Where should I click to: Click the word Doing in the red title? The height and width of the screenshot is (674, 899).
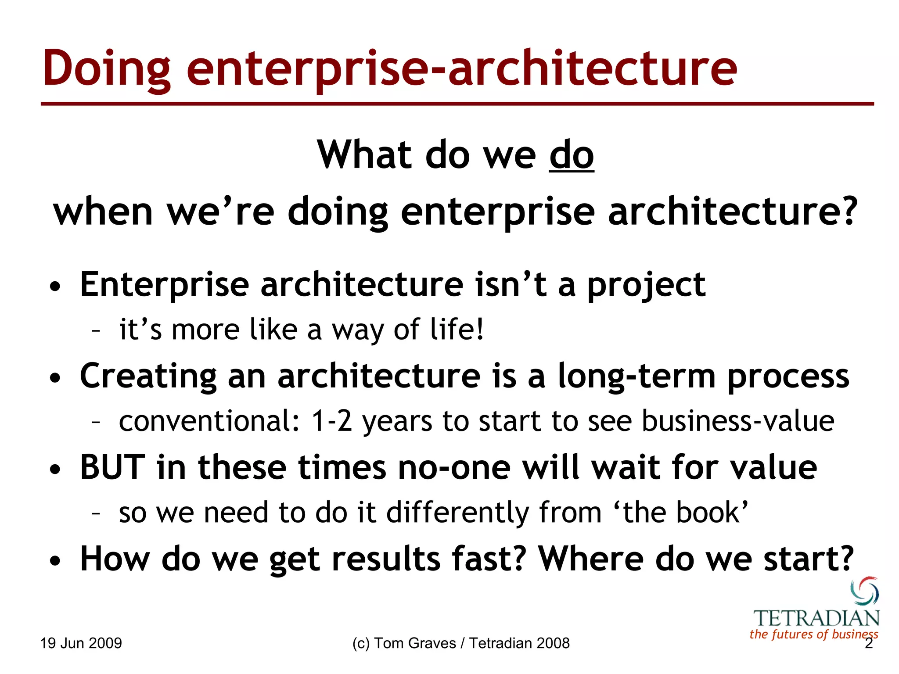(x=107, y=69)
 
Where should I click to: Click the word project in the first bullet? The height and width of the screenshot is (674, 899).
(x=646, y=285)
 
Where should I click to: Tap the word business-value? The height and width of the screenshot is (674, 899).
(x=738, y=421)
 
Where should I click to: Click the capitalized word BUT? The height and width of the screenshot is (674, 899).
(x=113, y=467)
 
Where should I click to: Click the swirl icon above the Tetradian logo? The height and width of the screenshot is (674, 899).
(x=865, y=591)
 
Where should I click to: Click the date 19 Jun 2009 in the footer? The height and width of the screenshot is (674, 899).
(x=81, y=643)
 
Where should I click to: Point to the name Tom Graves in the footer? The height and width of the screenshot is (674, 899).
(x=415, y=643)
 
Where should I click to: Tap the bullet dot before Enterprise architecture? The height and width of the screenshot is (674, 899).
(x=55, y=287)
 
